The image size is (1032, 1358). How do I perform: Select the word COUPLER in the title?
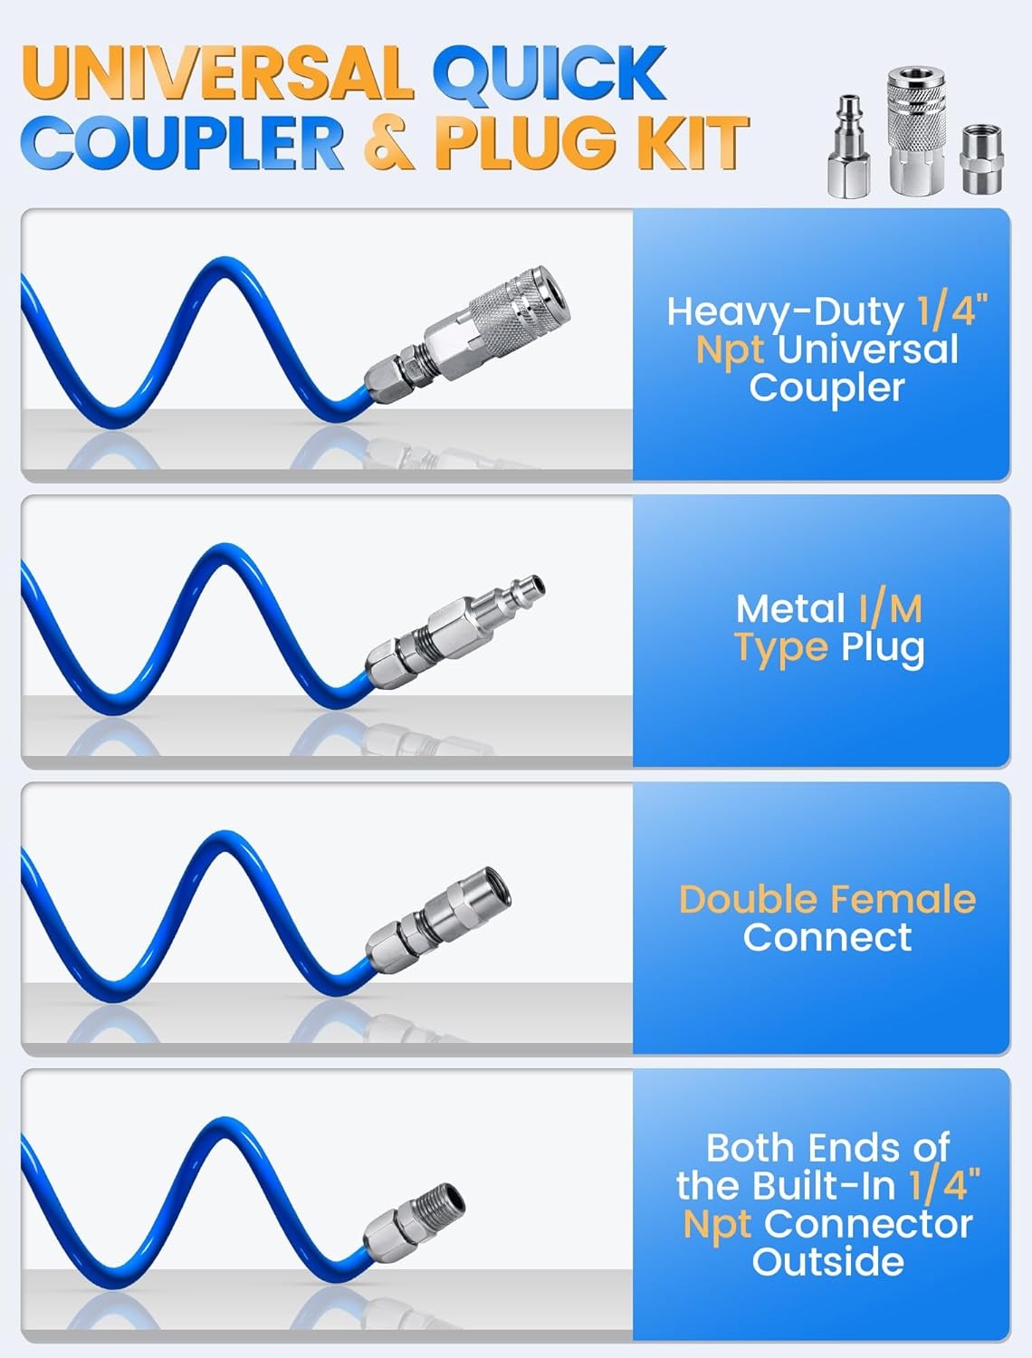(x=186, y=143)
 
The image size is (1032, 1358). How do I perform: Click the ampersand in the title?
(x=389, y=143)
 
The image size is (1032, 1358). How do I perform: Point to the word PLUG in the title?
(x=525, y=143)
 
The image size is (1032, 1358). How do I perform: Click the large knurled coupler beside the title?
(x=917, y=132)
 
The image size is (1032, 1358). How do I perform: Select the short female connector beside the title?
(x=982, y=159)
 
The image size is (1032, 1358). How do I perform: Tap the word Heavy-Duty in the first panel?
(x=785, y=311)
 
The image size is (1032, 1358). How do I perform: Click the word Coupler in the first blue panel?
(x=827, y=387)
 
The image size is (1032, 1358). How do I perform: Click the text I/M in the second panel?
(x=891, y=609)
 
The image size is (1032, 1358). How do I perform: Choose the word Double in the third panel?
(x=747, y=899)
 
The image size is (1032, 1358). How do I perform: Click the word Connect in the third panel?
(x=827, y=938)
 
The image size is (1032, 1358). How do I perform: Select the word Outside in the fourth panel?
(x=827, y=1261)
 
